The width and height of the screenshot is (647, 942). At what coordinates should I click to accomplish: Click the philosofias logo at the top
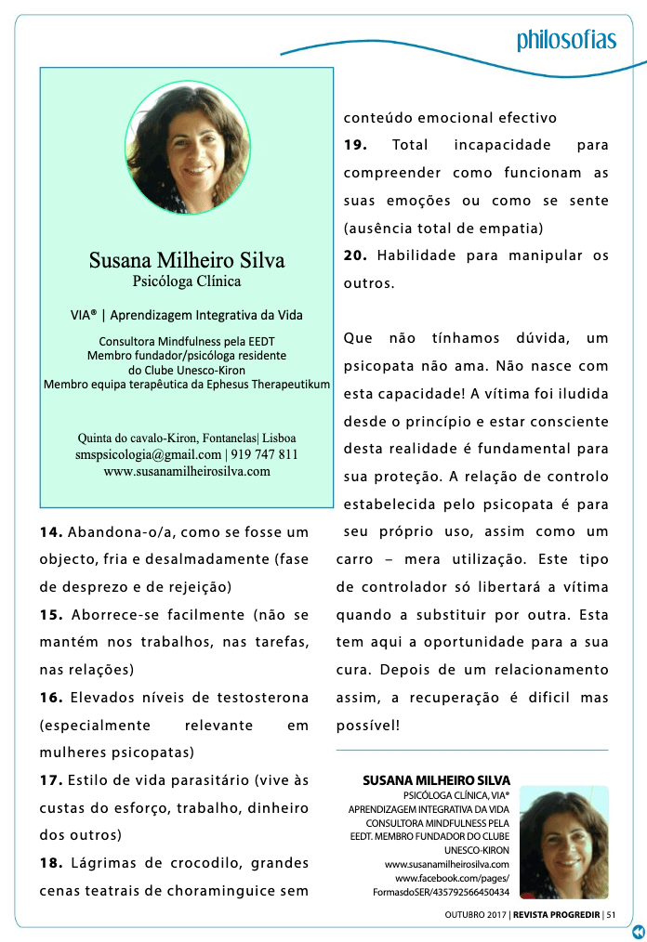(566, 40)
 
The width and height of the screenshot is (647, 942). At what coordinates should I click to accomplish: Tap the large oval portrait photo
(187, 147)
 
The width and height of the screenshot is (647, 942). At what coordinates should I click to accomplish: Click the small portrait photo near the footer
(564, 844)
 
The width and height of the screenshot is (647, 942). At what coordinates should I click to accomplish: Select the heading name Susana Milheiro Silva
(187, 259)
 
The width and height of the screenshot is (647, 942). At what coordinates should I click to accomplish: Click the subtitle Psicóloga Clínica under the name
(187, 281)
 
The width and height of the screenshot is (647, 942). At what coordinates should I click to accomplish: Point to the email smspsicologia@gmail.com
(148, 454)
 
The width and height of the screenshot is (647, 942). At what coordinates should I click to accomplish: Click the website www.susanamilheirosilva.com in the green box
(187, 471)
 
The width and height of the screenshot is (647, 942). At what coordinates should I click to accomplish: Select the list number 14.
(51, 533)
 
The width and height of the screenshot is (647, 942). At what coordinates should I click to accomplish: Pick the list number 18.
(51, 863)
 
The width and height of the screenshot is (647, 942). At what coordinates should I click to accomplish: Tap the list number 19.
(356, 145)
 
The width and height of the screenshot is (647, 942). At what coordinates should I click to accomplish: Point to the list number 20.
(356, 255)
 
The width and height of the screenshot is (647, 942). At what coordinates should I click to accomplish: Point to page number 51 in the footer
(612, 914)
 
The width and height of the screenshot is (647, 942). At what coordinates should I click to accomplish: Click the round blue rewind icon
(639, 932)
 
